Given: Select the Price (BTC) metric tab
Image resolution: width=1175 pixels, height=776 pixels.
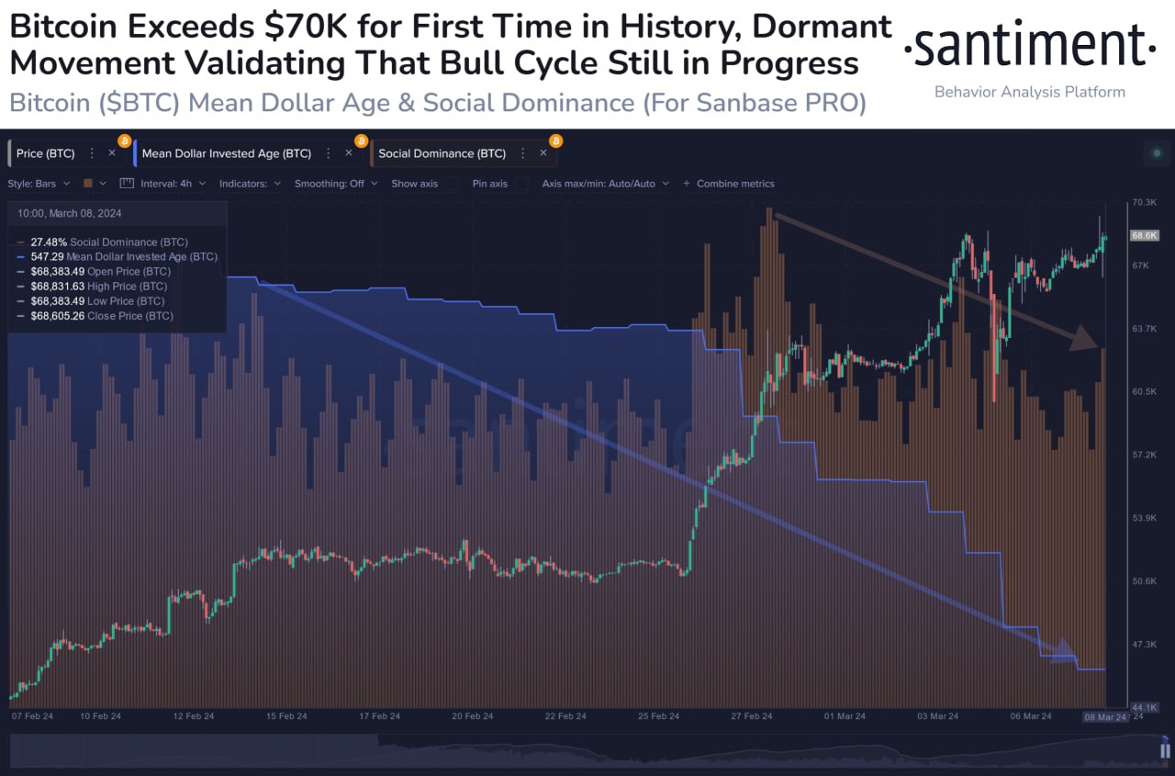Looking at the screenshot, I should coord(45,153).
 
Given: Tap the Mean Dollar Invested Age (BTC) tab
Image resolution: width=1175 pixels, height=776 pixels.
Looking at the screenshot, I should coord(226,153).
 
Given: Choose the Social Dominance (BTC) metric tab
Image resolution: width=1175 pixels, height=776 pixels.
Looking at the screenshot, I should coord(441,153).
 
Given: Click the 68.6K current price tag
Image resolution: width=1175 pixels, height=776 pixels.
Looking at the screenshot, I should coord(1144,235).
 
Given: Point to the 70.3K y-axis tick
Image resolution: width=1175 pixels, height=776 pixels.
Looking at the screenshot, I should coord(1144,202).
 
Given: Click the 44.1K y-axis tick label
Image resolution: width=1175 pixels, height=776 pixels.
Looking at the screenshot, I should coord(1144,707).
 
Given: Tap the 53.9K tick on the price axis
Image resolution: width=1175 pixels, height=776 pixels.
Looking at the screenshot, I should coord(1144,518).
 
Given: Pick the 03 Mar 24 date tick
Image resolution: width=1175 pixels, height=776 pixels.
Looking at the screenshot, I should coord(938,716).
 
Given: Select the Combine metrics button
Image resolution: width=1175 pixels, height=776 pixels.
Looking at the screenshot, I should coord(734,184).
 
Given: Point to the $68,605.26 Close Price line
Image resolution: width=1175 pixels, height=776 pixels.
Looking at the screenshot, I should coord(101,316).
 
